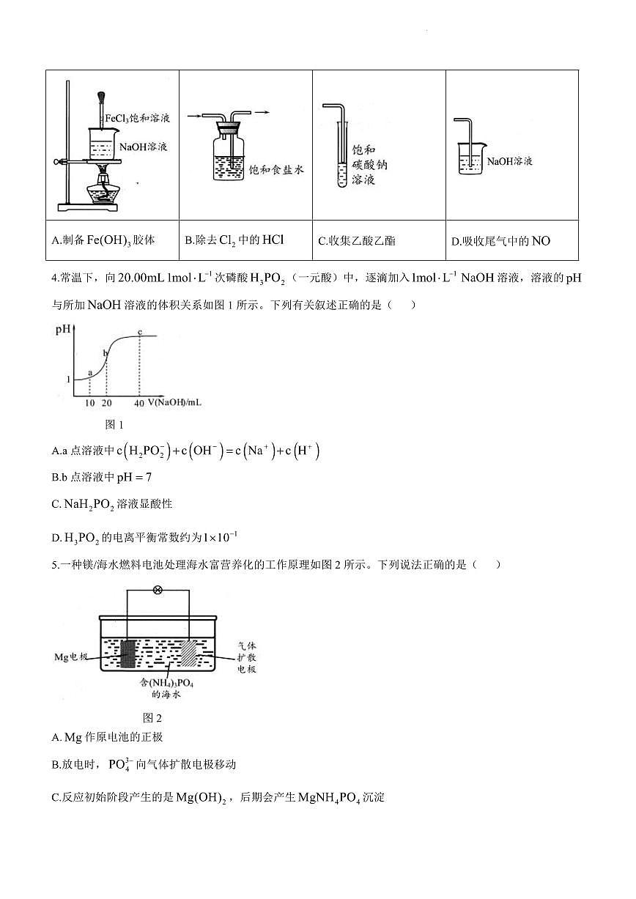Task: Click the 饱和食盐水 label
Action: point(276,169)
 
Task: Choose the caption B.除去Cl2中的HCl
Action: point(234,240)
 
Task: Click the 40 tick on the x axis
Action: point(139,404)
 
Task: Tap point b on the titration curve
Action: point(106,354)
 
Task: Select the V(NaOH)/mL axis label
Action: point(174,403)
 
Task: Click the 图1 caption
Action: point(115,424)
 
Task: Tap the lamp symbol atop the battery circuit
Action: point(157,590)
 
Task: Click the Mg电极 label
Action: point(71,656)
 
